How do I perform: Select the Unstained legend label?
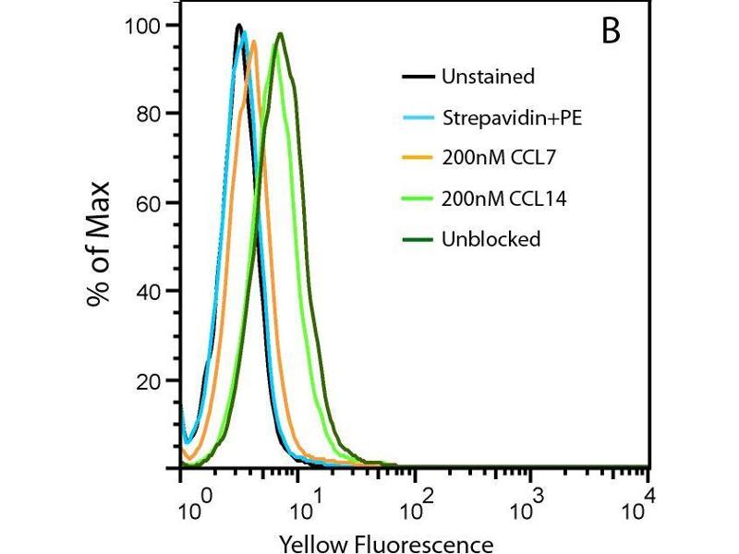click(x=488, y=77)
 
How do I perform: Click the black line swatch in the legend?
click(x=418, y=77)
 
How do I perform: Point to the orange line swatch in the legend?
click(x=418, y=158)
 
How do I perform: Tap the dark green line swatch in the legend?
click(x=418, y=239)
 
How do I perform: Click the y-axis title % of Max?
click(x=100, y=245)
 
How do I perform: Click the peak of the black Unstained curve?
click(x=238, y=25)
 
